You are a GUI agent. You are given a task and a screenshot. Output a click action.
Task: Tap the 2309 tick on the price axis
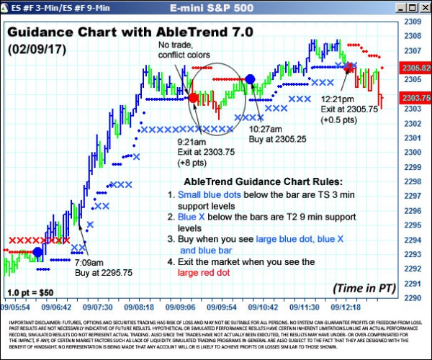tap(413, 21)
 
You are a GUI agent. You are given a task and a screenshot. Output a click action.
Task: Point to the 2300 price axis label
tap(413, 152)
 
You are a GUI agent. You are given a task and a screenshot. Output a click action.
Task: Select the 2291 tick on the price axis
tap(413, 283)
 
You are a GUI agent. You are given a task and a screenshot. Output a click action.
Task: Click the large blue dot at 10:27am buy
tap(250, 79)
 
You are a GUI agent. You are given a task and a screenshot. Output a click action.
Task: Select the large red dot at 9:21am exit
tap(193, 97)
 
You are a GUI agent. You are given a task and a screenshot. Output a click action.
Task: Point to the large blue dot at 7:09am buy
tap(37, 252)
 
